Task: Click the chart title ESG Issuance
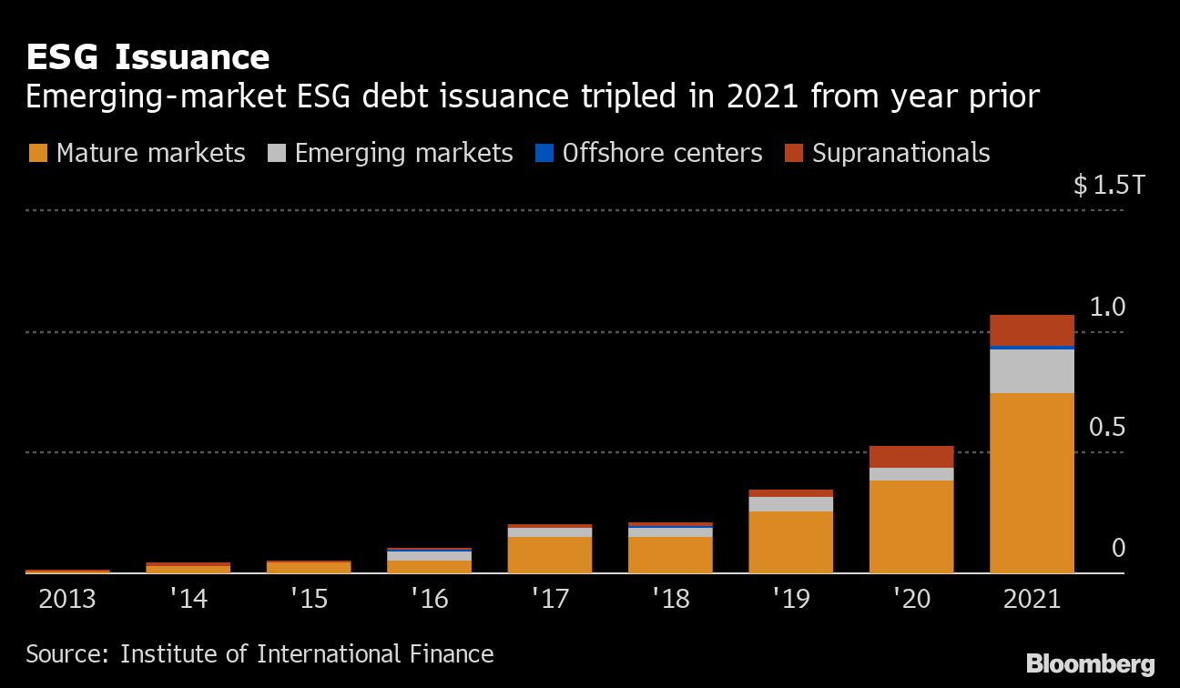tap(147, 57)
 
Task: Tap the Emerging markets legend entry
tap(391, 152)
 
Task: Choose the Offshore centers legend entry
tap(649, 152)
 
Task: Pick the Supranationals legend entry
tap(887, 152)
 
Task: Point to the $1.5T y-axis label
tap(1108, 187)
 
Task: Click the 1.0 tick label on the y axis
tap(1107, 307)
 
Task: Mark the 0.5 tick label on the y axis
tap(1107, 427)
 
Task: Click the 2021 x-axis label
tap(1032, 599)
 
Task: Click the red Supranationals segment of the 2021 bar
tap(1032, 329)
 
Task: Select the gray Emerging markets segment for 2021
tap(1032, 370)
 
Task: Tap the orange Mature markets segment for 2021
tap(1032, 482)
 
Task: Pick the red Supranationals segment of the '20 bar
tap(910, 456)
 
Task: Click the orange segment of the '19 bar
tap(790, 541)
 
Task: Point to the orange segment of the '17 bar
tap(549, 554)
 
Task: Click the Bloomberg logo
tap(1090, 663)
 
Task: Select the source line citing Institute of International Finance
tap(259, 653)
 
